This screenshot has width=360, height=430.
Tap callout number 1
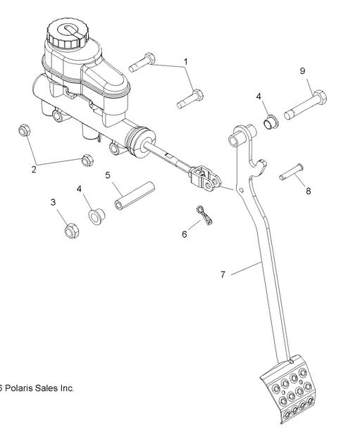tap(186, 62)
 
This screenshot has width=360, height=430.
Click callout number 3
tap(53, 203)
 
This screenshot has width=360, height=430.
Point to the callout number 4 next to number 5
tap(80, 189)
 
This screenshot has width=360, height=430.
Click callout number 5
tap(108, 175)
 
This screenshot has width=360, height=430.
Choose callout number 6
tap(185, 234)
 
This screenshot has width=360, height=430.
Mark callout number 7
tap(223, 273)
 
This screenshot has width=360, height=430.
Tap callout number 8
tap(308, 189)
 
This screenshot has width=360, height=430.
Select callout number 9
tap(302, 71)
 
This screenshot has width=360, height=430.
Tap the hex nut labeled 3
tap(70, 230)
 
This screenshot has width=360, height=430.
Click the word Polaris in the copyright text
tap(22, 388)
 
